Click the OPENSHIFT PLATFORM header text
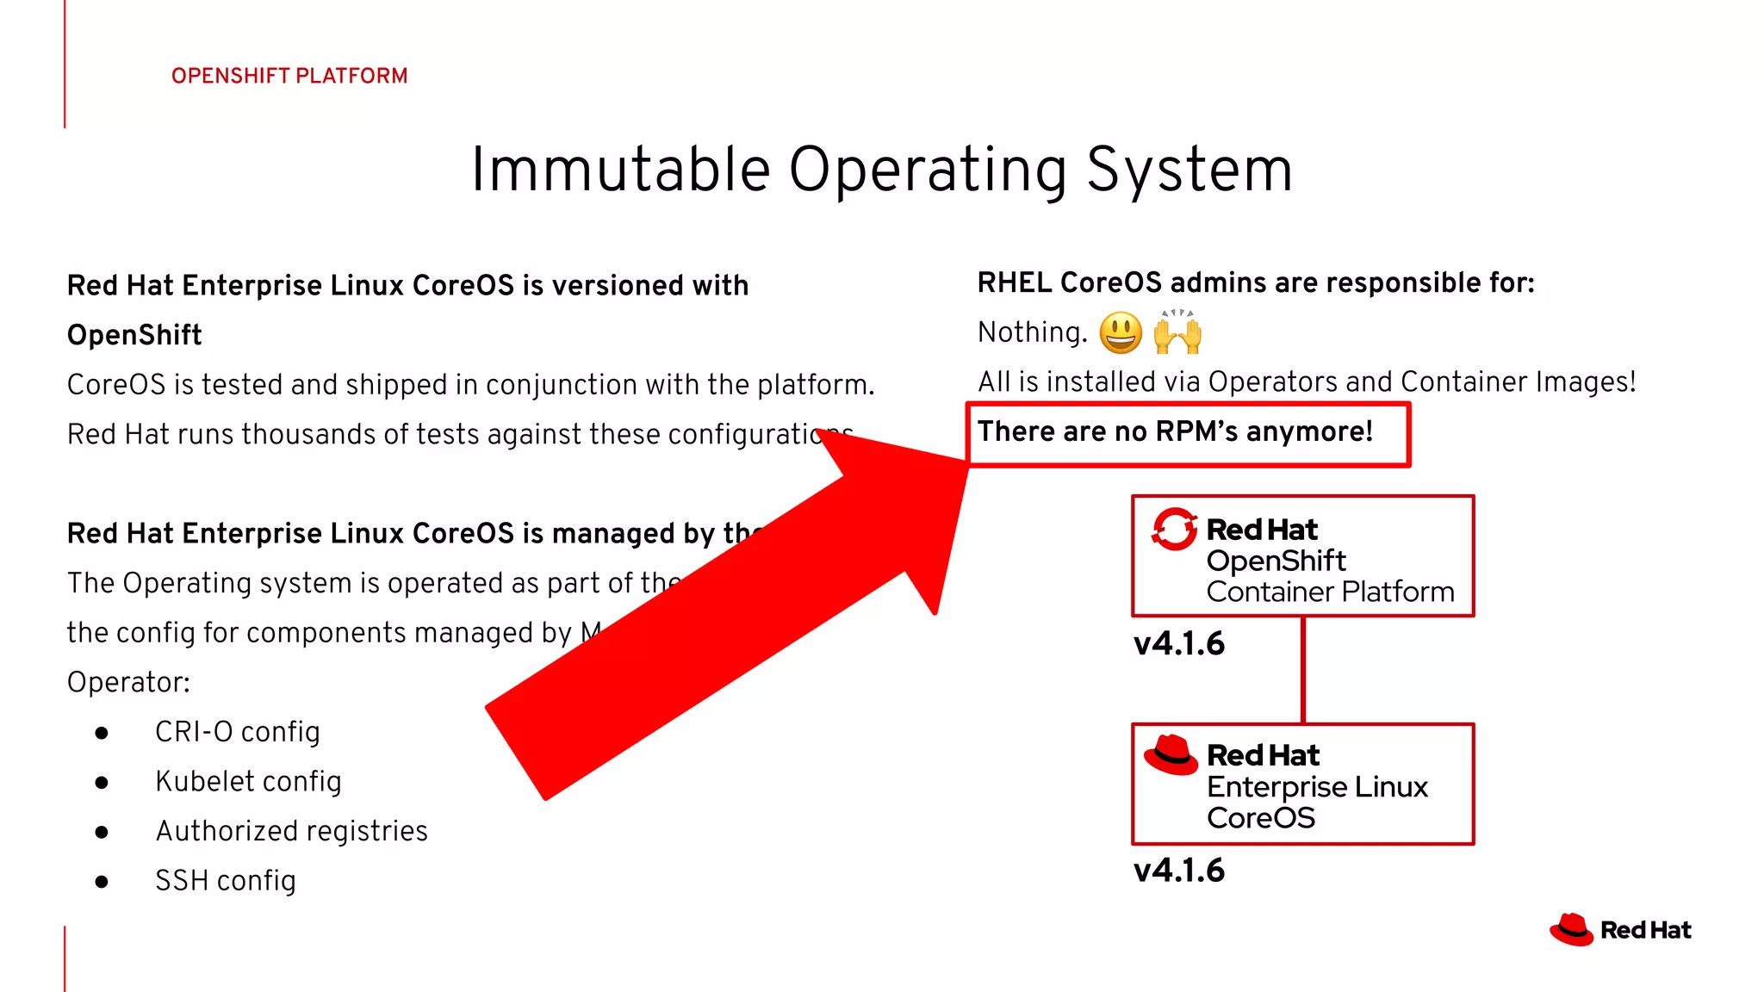pyautogui.click(x=289, y=76)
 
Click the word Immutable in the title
pyautogui.click(x=620, y=170)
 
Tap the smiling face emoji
pyautogui.click(x=1121, y=333)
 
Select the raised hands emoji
pyautogui.click(x=1177, y=332)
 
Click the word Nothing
pyautogui.click(x=1032, y=332)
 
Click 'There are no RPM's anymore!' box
pyautogui.click(x=1187, y=433)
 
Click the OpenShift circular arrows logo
pyautogui.click(x=1174, y=529)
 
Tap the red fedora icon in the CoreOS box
pyautogui.click(x=1171, y=755)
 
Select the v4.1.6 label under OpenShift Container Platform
pyautogui.click(x=1178, y=644)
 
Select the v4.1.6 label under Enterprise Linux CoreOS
pyautogui.click(x=1178, y=871)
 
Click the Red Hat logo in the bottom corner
pyautogui.click(x=1620, y=930)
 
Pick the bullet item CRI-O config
pyautogui.click(x=237, y=732)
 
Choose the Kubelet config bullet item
pyautogui.click(x=248, y=782)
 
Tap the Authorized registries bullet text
pyautogui.click(x=291, y=831)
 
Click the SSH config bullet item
pyautogui.click(x=225, y=881)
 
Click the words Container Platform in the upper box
pyautogui.click(x=1330, y=592)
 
